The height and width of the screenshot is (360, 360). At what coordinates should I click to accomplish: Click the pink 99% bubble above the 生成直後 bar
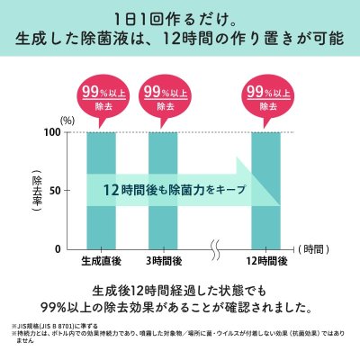[102, 97]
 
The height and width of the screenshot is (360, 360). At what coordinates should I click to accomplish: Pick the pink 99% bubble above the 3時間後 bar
[164, 97]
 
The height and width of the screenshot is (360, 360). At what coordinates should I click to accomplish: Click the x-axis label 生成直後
[102, 261]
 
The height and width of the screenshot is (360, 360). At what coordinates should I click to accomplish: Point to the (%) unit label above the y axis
[68, 119]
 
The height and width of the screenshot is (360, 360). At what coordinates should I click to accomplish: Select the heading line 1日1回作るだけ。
[180, 19]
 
